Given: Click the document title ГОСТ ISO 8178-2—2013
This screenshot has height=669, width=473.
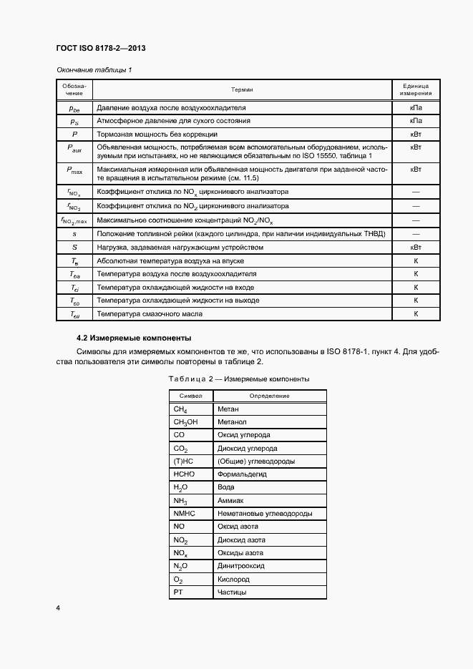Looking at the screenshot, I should tap(100, 48).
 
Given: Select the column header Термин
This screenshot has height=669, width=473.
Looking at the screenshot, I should tap(243, 89).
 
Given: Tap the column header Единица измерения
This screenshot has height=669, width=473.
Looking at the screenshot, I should tap(415, 89).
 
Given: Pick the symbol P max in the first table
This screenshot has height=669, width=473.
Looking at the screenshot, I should tap(74, 170).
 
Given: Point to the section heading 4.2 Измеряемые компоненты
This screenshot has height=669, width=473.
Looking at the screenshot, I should tap(133, 338).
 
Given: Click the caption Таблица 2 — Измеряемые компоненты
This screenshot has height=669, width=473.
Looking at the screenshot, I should tap(238, 379).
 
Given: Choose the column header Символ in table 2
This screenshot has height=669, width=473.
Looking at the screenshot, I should tap(191, 396).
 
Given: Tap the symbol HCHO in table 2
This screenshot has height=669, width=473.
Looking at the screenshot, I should tap(184, 474).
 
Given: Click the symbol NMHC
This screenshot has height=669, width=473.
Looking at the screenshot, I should tap(184, 514).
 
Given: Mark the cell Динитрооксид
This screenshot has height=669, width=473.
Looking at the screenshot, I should tap(241, 565).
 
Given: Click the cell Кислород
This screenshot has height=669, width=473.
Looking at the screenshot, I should tap(234, 579).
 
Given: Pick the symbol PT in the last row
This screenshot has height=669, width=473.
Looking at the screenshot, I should tap(179, 592).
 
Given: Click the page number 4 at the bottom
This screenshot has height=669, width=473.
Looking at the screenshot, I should tap(57, 608).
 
